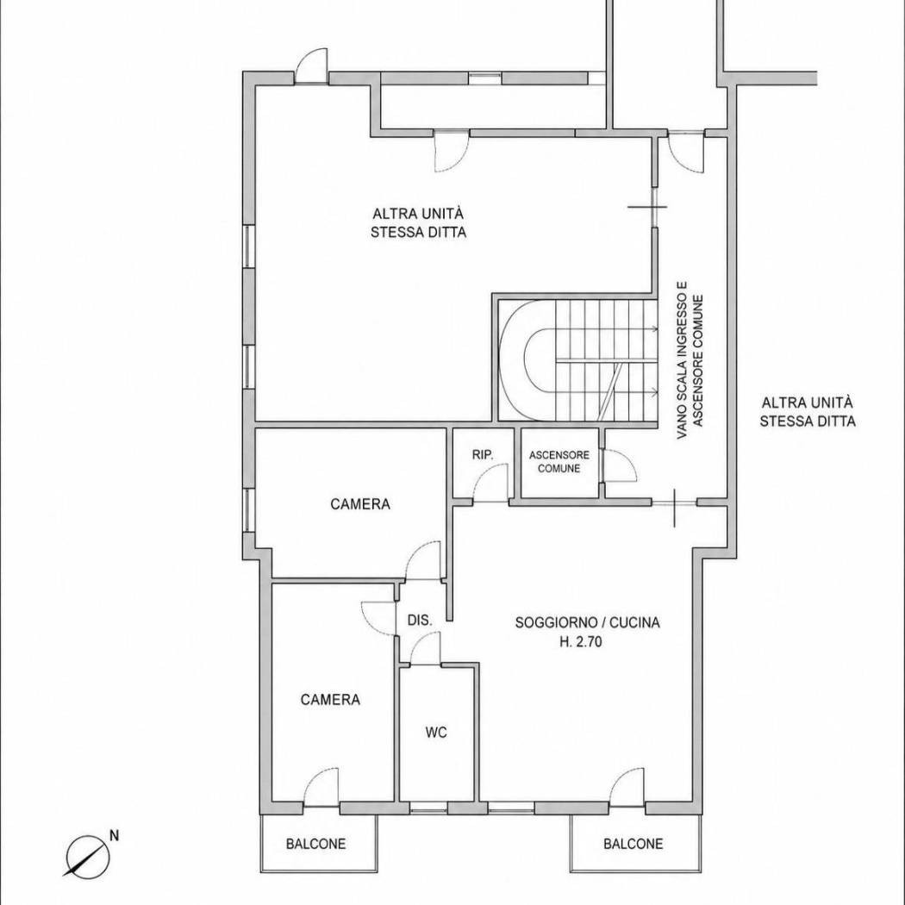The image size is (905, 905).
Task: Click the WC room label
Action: (x=436, y=733)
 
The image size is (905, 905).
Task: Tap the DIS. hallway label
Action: (x=420, y=621)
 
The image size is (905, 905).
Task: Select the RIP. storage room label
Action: (x=483, y=455)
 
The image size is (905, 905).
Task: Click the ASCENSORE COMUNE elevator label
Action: (x=559, y=462)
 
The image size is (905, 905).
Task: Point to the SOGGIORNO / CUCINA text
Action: (x=588, y=623)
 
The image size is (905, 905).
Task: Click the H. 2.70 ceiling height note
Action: (x=581, y=641)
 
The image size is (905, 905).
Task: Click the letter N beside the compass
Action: (x=115, y=835)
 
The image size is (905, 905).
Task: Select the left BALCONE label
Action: (x=315, y=844)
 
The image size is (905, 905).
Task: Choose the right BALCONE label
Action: (x=633, y=844)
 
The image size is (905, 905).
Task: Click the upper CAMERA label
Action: (x=360, y=504)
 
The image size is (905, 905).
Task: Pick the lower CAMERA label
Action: (x=330, y=700)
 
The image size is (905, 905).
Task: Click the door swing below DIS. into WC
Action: (x=426, y=648)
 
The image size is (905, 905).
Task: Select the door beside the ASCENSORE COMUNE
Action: (x=619, y=465)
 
